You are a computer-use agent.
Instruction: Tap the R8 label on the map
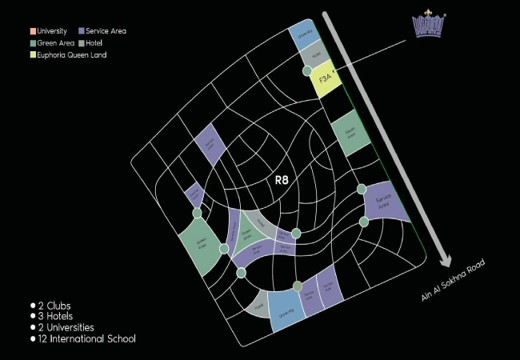point(281,180)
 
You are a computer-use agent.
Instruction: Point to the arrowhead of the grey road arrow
point(445,262)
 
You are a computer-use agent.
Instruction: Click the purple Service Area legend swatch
point(82,31)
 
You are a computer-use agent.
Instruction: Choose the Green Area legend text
point(55,43)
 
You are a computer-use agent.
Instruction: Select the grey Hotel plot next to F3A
point(315,55)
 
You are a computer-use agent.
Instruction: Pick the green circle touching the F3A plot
point(308,71)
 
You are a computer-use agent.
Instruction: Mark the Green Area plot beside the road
point(350,136)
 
